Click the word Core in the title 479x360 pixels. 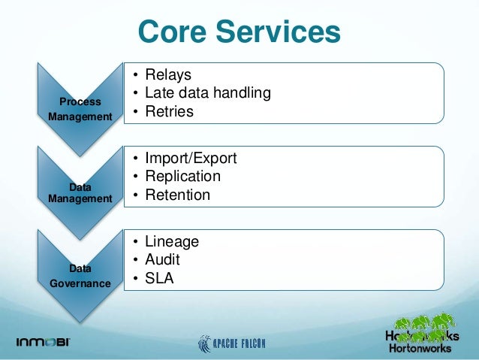[172, 32]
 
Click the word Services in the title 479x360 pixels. [278, 32]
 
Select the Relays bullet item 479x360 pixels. [168, 74]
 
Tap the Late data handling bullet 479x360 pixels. [208, 93]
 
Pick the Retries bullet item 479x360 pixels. [169, 111]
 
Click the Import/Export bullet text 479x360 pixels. [191, 159]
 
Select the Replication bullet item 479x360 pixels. [182, 177]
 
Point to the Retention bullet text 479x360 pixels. [177, 195]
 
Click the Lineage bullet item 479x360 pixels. [172, 242]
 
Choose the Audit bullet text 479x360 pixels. [162, 260]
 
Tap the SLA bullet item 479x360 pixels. [159, 278]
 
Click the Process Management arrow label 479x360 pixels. [80, 109]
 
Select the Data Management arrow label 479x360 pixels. [80, 193]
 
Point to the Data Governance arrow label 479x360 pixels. [80, 276]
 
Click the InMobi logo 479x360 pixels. [43, 342]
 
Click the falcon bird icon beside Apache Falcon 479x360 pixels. [204, 343]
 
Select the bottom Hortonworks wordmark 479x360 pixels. [420, 348]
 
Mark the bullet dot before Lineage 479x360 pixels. [136, 242]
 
